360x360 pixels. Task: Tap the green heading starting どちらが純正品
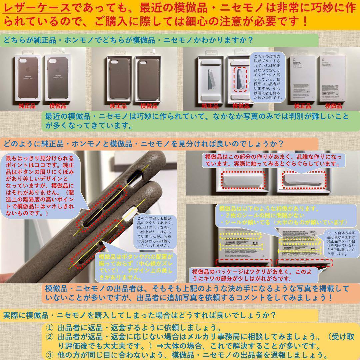pos(127,40)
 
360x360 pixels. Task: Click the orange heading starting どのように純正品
pos(143,144)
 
